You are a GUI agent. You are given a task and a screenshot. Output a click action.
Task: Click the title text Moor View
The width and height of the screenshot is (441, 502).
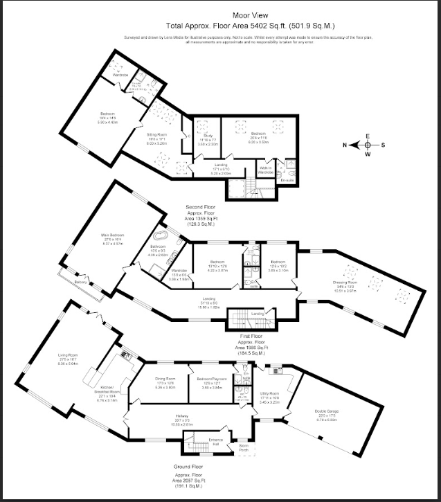(x=220, y=13)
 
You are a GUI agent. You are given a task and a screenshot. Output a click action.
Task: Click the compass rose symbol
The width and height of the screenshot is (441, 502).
(x=367, y=145)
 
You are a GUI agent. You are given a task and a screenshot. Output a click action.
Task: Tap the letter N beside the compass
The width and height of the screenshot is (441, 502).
(x=344, y=145)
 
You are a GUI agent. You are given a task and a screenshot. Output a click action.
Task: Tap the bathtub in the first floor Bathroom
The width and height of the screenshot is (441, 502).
(x=161, y=235)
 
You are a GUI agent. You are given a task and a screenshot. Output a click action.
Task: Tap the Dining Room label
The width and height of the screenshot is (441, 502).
(x=165, y=378)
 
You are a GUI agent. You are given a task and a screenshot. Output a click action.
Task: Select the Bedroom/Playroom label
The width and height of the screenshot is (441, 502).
(x=209, y=379)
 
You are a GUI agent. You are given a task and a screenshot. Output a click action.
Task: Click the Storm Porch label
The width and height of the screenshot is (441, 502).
(x=243, y=446)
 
